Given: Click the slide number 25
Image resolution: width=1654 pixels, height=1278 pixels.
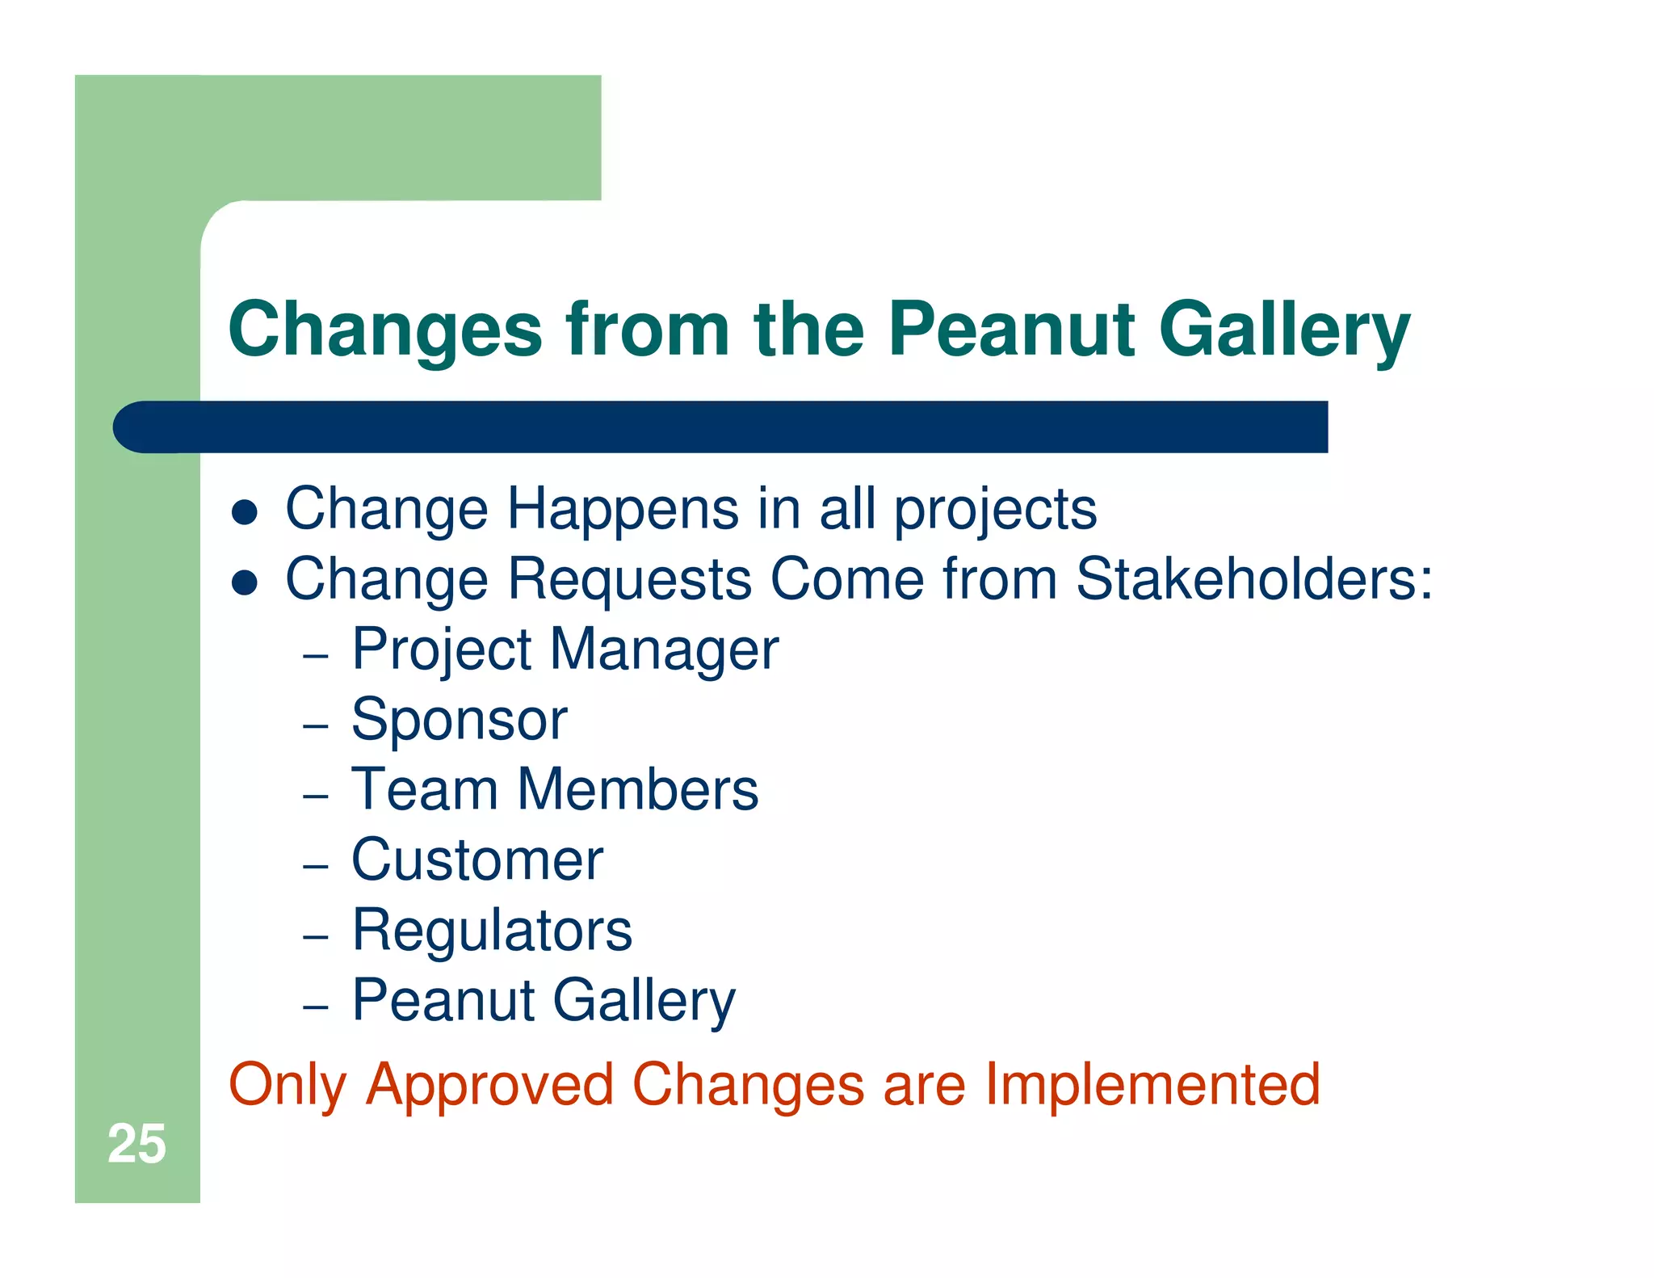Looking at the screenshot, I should (136, 1144).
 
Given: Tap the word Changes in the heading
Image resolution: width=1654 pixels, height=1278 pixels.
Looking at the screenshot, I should (385, 331).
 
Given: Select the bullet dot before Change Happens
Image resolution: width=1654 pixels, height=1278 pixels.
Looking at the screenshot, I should (244, 512).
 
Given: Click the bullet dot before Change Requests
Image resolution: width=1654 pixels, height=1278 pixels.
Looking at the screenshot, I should (244, 582).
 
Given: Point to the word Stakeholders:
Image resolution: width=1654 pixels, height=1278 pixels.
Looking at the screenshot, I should (1254, 579).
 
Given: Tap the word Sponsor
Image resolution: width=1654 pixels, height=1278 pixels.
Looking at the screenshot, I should (459, 720).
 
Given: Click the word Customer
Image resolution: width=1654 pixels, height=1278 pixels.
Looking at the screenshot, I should (477, 860).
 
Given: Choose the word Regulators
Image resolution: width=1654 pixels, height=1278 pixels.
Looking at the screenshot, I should (492, 931).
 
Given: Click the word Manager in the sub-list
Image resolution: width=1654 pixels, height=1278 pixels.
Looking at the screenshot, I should (664, 651).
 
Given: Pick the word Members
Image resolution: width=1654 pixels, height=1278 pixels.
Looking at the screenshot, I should (637, 789).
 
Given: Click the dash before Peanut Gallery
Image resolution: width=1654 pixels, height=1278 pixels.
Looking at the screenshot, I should (315, 1007).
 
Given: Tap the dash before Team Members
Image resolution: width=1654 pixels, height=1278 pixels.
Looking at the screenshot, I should (315, 796).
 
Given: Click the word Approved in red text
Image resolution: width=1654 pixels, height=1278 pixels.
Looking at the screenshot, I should (489, 1085).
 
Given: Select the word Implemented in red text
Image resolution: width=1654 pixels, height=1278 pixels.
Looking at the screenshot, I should (1152, 1085).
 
